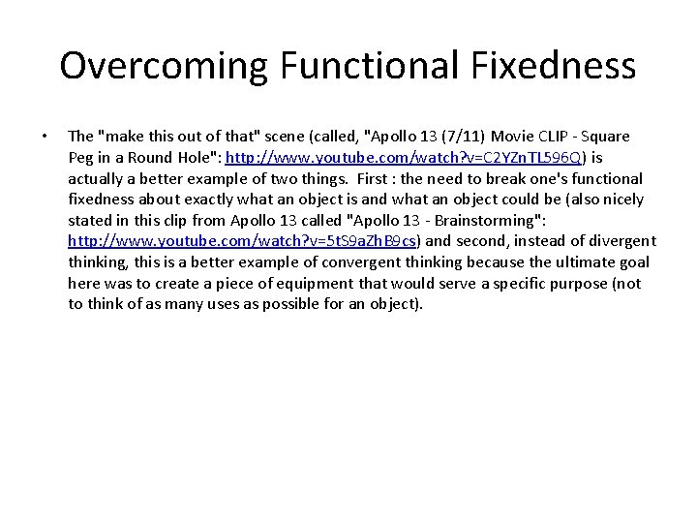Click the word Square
coord(603,137)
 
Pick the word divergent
coord(621,241)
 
